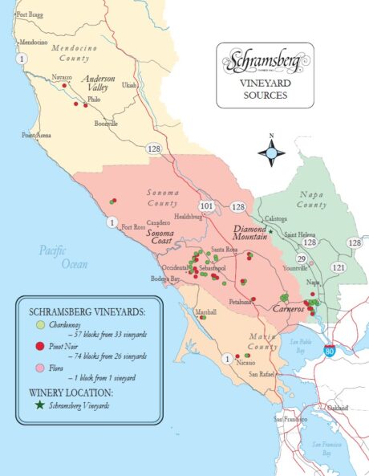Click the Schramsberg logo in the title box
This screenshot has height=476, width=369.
click(264, 62)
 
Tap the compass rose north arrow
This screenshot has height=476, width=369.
click(271, 150)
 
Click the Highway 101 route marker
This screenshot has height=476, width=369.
click(207, 205)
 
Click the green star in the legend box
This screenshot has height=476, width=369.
click(39, 406)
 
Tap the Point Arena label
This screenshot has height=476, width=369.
click(37, 136)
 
